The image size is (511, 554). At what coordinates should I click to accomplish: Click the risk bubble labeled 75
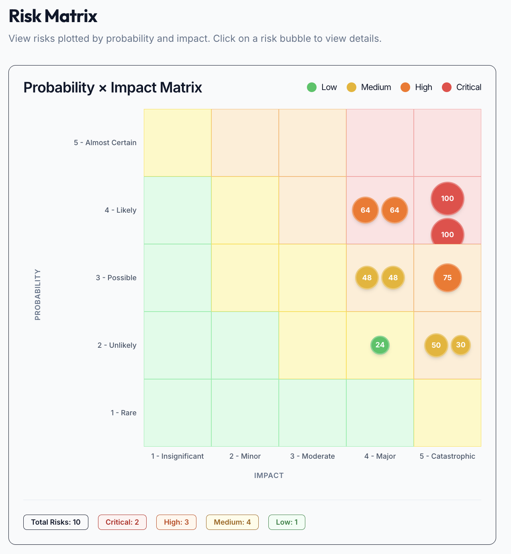pyautogui.click(x=447, y=277)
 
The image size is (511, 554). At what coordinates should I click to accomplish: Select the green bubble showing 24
pyautogui.click(x=380, y=345)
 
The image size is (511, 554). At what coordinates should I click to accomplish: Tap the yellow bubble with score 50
pyautogui.click(x=436, y=345)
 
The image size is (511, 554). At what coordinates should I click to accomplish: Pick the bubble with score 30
pyautogui.click(x=460, y=345)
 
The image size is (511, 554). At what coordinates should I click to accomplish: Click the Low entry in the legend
pyautogui.click(x=322, y=87)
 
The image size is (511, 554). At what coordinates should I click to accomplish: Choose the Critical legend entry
pyautogui.click(x=462, y=87)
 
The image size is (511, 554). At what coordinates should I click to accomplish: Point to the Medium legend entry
pyautogui.click(x=369, y=87)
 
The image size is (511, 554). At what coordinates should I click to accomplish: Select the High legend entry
pyautogui.click(x=416, y=87)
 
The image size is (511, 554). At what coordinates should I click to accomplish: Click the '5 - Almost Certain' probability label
pyautogui.click(x=105, y=143)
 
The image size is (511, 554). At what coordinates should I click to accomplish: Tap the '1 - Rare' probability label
pyautogui.click(x=123, y=413)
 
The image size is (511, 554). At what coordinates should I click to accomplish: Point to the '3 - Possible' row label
pyautogui.click(x=116, y=278)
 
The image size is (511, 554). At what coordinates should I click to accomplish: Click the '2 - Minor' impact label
pyautogui.click(x=245, y=456)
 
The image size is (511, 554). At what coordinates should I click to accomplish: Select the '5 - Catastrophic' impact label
pyautogui.click(x=447, y=456)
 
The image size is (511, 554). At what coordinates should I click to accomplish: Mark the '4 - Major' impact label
pyautogui.click(x=380, y=456)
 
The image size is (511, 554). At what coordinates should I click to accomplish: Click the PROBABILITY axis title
pyautogui.click(x=38, y=295)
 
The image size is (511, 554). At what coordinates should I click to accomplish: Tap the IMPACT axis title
pyautogui.click(x=269, y=476)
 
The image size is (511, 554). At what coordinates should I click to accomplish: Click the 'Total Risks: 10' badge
pyautogui.click(x=56, y=522)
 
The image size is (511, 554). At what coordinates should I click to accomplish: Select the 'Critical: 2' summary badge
pyautogui.click(x=122, y=522)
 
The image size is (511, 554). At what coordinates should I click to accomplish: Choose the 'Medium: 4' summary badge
pyautogui.click(x=232, y=522)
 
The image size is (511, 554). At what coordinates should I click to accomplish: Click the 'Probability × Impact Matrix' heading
pyautogui.click(x=112, y=88)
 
